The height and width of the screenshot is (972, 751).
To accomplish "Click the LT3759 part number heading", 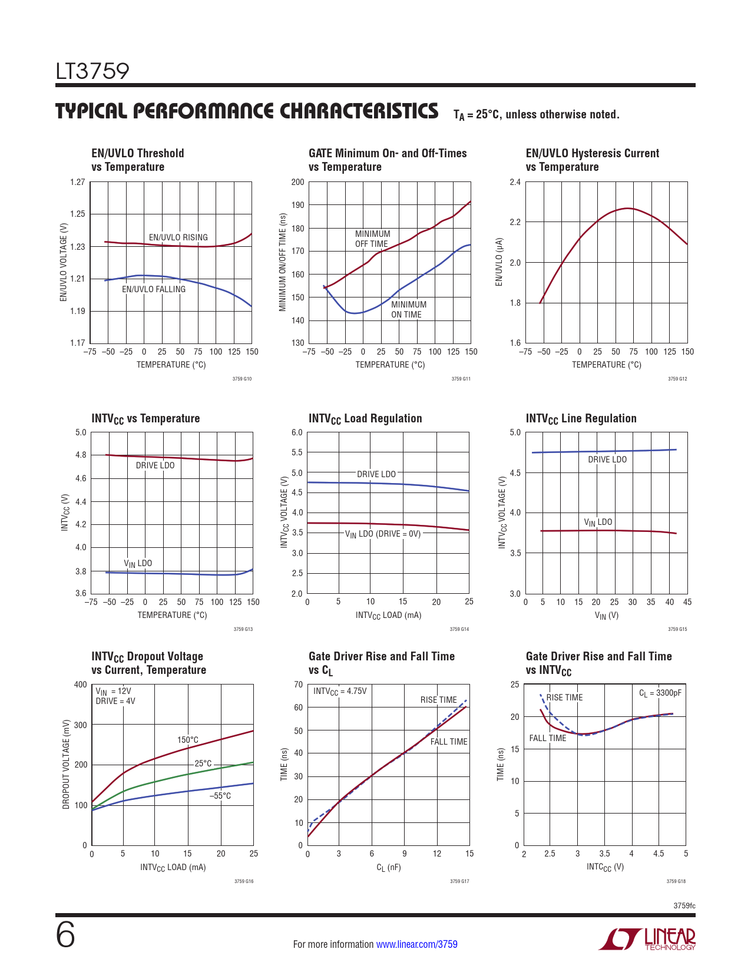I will pos(92,71).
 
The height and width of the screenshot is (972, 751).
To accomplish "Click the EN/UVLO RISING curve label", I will pos(178,237).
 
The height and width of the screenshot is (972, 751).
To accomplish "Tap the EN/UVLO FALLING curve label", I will pos(153,289).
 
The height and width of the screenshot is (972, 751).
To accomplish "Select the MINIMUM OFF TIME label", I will pos(372,239).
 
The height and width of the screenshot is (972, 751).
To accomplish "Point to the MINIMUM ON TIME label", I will pos(408,309).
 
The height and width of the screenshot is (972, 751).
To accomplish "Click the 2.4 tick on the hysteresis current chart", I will pos(515,182).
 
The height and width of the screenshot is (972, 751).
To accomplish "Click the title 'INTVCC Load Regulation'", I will pos(365,418).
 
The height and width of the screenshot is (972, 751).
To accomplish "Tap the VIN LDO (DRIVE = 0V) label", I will pos(383,534).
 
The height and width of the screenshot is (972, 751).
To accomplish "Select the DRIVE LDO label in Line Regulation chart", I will pos(607,459).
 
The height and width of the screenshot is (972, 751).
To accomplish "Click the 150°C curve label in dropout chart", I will pos(188,740).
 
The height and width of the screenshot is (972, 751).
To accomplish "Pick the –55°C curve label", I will pos(220,796).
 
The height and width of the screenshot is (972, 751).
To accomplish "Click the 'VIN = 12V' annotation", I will pos(113,691).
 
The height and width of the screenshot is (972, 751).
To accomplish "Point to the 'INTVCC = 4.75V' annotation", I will pos(340,691).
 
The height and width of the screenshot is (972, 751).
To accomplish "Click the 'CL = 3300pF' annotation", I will pos(660,693).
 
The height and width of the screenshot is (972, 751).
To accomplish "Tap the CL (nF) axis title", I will pos(388,867).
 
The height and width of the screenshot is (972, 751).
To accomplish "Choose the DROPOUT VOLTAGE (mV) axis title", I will pos(66,764).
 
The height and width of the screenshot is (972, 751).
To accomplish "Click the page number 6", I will pos(65,936).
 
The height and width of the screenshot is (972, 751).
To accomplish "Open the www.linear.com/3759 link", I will pos(416,944).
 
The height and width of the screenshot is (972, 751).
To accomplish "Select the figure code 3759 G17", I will pos(459,881).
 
